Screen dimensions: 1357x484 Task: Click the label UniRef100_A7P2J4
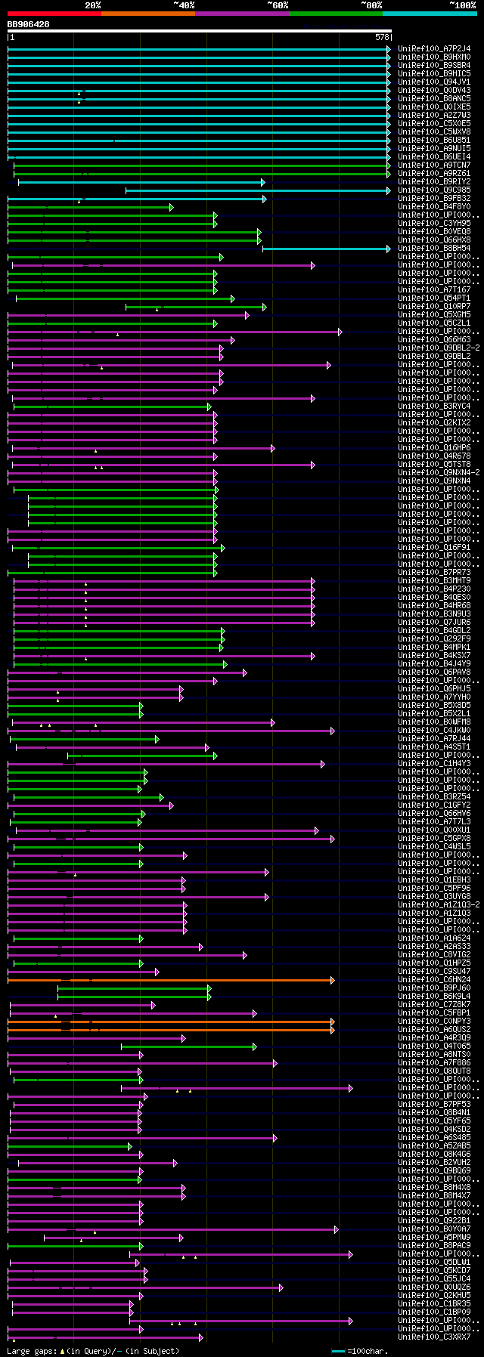tap(434, 48)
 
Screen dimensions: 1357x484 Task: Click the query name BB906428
tap(29, 24)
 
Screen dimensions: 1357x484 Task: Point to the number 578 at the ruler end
tap(382, 37)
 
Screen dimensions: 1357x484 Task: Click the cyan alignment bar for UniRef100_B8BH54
tap(326, 249)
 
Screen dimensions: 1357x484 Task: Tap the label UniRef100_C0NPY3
tap(434, 1022)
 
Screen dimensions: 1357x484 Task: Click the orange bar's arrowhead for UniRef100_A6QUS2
tap(332, 1030)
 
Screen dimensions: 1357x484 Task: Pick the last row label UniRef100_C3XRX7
tap(434, 1337)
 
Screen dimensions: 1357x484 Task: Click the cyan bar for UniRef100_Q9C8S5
tap(257, 190)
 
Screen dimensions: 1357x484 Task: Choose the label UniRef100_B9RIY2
tap(434, 182)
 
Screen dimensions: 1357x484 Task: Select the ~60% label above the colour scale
tap(278, 5)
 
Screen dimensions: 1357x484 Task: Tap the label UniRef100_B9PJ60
tap(434, 988)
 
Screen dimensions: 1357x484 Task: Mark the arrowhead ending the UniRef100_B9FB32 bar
tap(265, 199)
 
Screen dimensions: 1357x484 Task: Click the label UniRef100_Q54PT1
tap(434, 298)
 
